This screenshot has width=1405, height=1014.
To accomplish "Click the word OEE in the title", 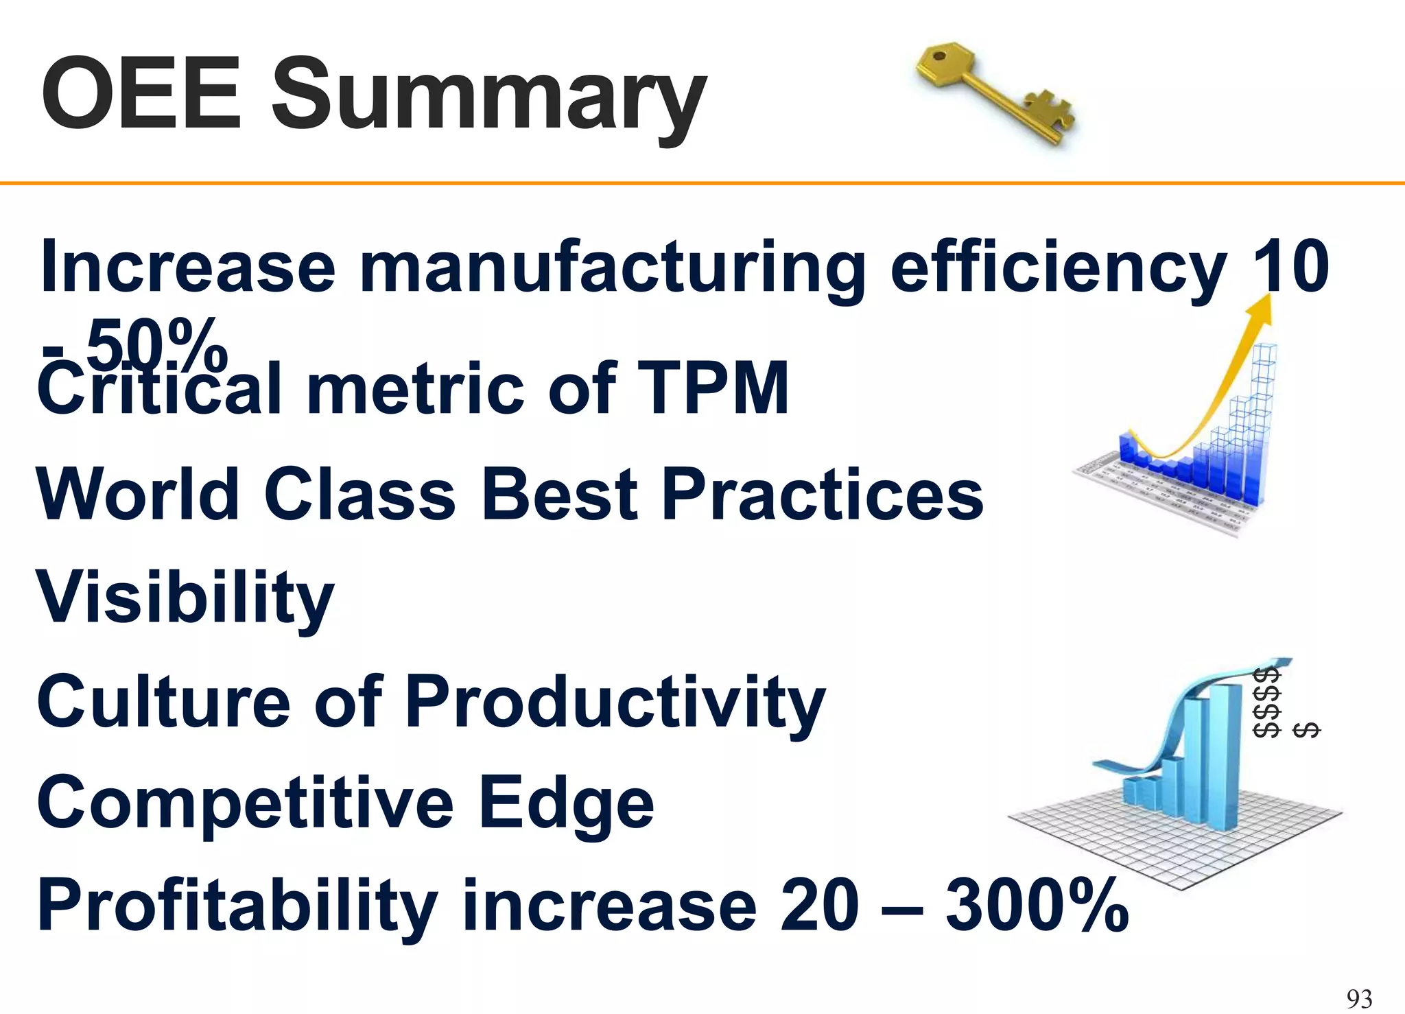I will point(141,93).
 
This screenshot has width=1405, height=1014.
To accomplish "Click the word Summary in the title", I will point(488,96).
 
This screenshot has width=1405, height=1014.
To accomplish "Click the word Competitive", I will point(244,803).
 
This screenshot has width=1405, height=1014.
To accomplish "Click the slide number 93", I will point(1359,998).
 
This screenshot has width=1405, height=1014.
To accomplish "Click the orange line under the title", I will point(702,183).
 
